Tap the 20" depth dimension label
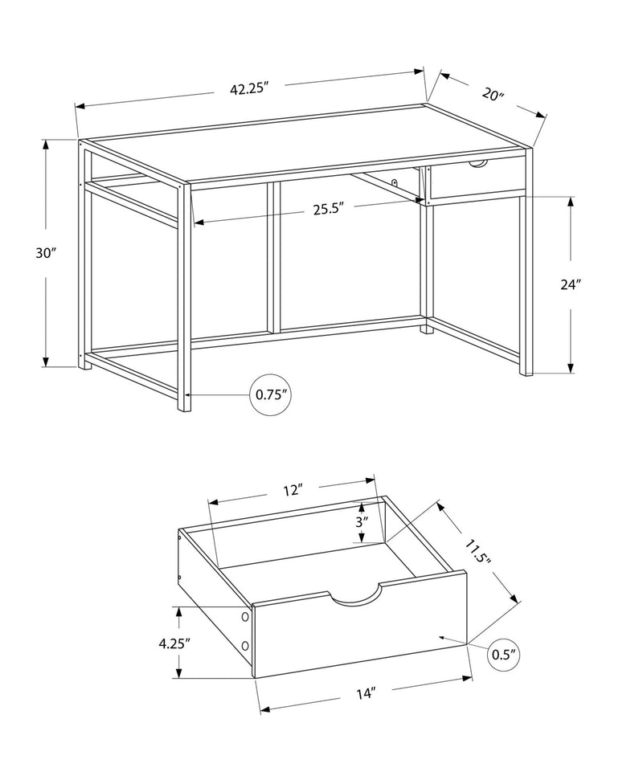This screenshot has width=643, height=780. (x=492, y=94)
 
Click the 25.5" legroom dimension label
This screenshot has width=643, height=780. (x=329, y=210)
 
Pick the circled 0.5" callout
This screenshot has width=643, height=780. (x=502, y=654)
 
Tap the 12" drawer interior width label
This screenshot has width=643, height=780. (x=292, y=489)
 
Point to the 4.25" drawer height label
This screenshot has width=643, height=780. (x=174, y=643)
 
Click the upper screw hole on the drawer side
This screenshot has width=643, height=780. (x=245, y=617)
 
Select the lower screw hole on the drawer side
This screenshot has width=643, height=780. (x=245, y=647)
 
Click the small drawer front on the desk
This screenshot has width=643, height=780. (x=476, y=181)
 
